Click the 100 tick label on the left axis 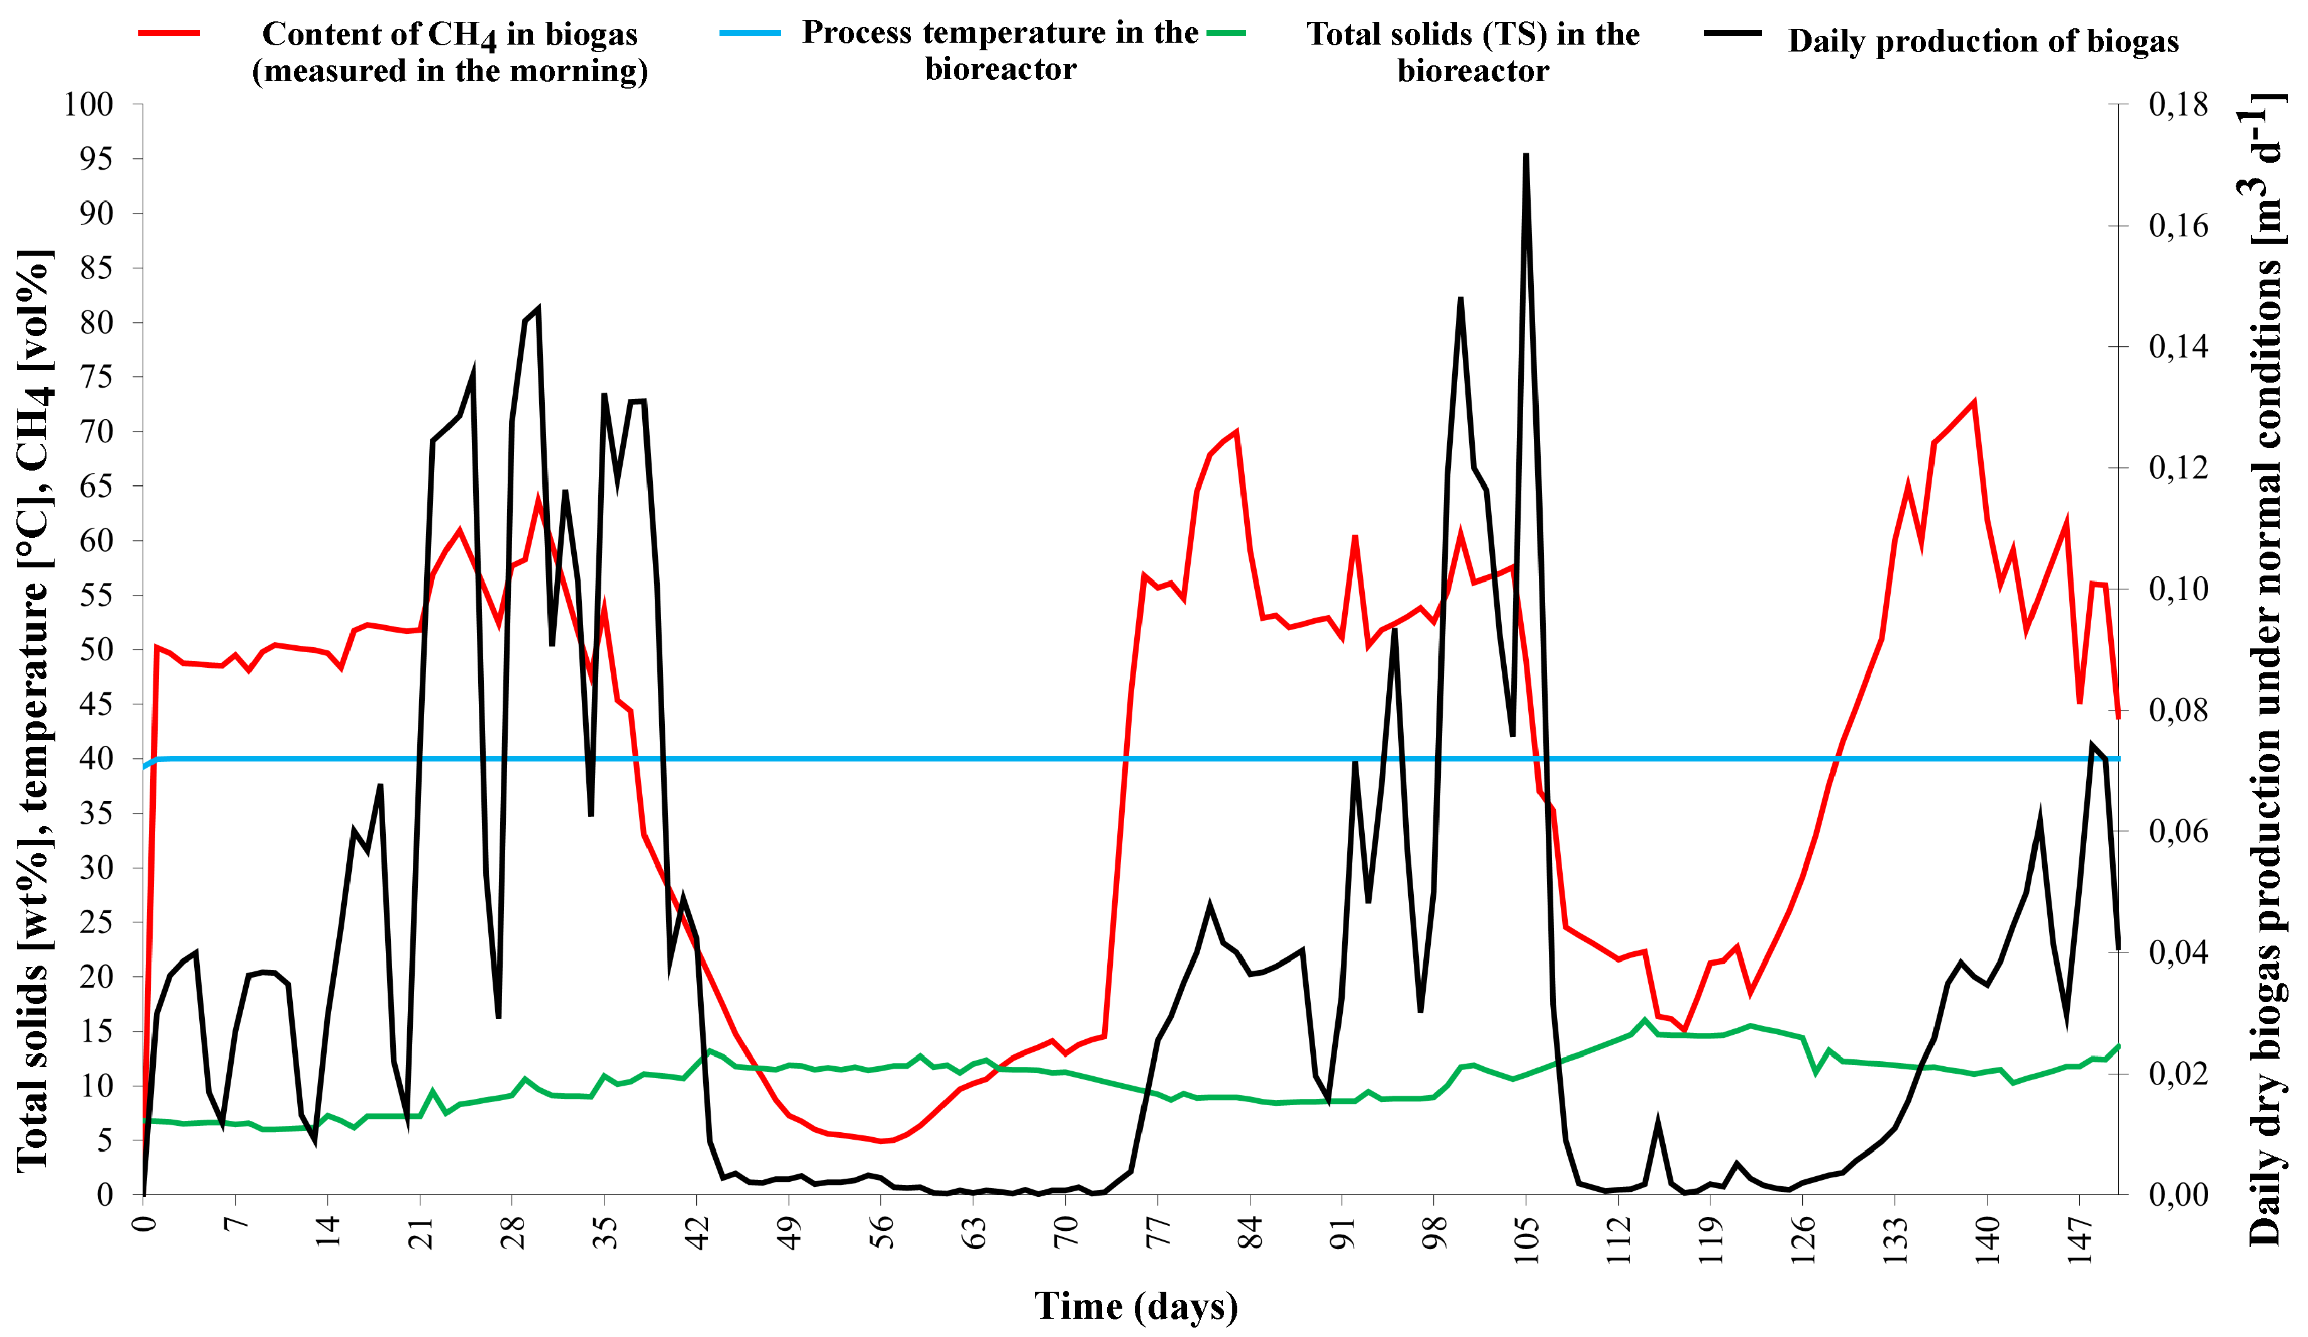(88, 104)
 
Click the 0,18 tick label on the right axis (2179, 104)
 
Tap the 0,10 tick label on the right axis (2179, 589)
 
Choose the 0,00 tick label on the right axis (2179, 1194)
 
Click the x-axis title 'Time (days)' (1135, 1306)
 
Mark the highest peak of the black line (1526, 156)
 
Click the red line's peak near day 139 (1974, 402)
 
